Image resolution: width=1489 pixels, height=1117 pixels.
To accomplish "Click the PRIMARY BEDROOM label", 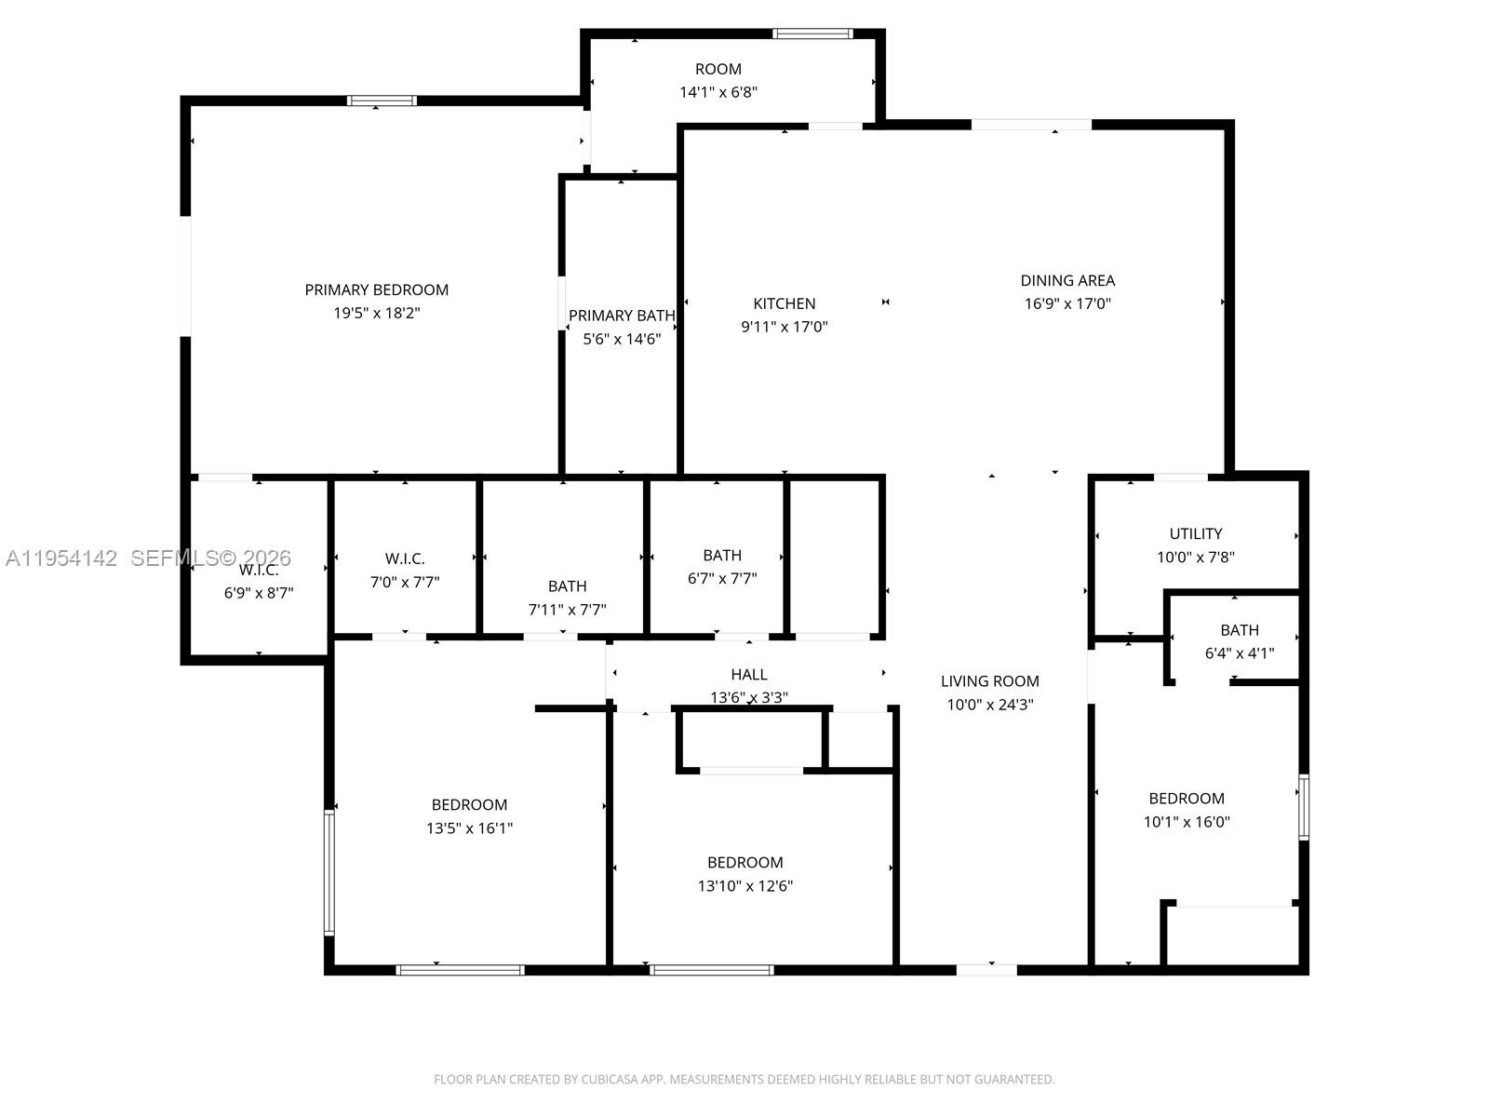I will [x=377, y=289].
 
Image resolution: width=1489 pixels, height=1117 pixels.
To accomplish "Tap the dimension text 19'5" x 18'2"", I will [x=377, y=314].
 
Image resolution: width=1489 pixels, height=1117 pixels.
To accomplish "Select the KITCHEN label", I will [x=785, y=303].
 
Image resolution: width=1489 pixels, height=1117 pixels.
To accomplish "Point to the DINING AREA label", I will [x=1067, y=280].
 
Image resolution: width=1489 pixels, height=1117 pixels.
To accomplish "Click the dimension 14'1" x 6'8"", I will [x=718, y=92].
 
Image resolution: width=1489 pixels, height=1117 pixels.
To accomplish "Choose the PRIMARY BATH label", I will [x=622, y=316].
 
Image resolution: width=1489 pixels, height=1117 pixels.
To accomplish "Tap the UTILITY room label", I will [x=1196, y=533].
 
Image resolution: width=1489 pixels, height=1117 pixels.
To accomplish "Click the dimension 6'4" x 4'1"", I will [x=1240, y=653].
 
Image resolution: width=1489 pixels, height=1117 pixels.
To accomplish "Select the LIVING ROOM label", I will [x=990, y=681].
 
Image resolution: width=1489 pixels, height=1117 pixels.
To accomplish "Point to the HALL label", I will [x=749, y=674].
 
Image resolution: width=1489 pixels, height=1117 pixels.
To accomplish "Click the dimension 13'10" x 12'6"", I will [x=745, y=886].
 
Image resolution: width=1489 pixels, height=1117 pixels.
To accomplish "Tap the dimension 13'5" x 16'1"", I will [x=470, y=828].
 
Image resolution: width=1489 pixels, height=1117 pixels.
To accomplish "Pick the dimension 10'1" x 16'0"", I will [x=1187, y=822].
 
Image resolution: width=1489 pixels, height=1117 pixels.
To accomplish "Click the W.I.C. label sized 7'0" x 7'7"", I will [x=405, y=558].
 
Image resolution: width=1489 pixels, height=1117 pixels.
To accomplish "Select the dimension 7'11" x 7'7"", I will [x=568, y=611].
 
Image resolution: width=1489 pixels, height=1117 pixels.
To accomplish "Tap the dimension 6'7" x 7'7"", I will [x=722, y=579].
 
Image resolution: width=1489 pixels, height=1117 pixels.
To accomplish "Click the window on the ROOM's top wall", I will [x=812, y=34].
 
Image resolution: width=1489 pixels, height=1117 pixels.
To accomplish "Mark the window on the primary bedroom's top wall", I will [x=382, y=101].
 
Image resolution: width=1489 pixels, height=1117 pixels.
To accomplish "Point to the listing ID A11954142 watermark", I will [x=61, y=558].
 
